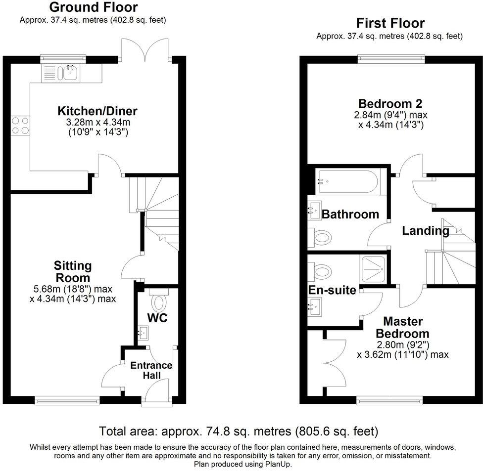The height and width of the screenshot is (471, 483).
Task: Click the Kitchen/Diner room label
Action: click(97, 110)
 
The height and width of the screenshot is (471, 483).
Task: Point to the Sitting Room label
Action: click(73, 271)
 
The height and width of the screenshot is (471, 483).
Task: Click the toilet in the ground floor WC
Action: click(159, 302)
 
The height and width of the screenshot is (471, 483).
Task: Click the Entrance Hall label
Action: click(151, 370)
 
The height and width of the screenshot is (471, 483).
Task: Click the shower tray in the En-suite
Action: click(374, 269)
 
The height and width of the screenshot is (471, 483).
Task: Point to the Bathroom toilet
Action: click(321, 238)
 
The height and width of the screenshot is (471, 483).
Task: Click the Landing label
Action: click(425, 230)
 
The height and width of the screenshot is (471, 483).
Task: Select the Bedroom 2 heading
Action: click(390, 104)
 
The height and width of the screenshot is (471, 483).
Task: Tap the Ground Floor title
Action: click(94, 7)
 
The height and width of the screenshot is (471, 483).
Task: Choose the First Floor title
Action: click(390, 23)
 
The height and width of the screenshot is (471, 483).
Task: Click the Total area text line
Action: click(239, 430)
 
